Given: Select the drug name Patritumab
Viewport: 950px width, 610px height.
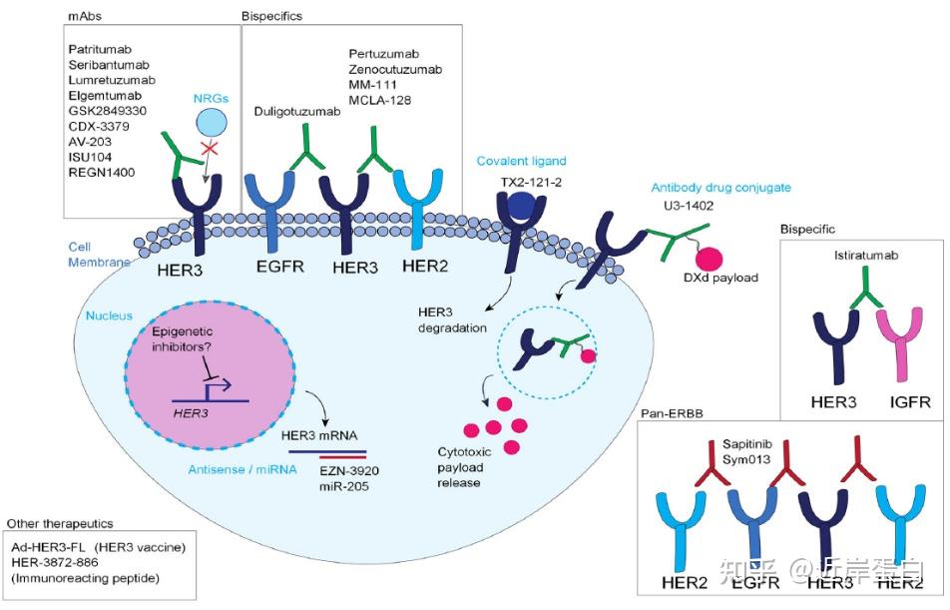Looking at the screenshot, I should pos(101,49).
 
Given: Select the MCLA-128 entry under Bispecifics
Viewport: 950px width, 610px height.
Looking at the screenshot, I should pos(380,100).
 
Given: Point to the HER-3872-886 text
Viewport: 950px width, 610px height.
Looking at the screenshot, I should pos(62,563).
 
